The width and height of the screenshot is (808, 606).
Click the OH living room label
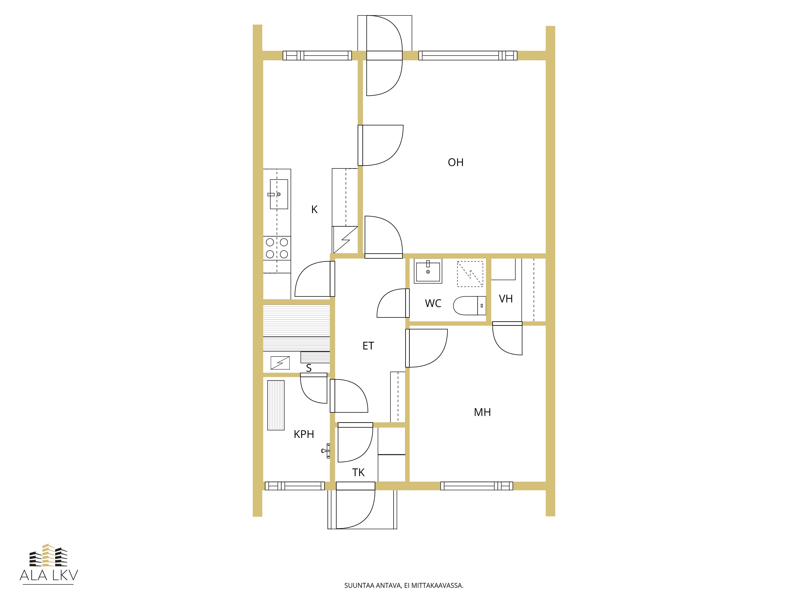[x=456, y=162]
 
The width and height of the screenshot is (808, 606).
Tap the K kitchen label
[x=314, y=209]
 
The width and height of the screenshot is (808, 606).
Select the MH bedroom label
[x=482, y=412]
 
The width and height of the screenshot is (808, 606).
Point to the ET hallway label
[x=368, y=346]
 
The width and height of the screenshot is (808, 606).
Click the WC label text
[x=433, y=303]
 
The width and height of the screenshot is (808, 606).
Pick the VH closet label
[x=506, y=299]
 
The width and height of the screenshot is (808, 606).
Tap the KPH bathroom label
[x=304, y=434]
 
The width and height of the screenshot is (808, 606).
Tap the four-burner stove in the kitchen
[x=277, y=248]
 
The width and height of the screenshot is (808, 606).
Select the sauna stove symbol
[x=280, y=363]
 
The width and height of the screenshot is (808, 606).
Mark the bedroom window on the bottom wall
[x=476, y=486]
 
